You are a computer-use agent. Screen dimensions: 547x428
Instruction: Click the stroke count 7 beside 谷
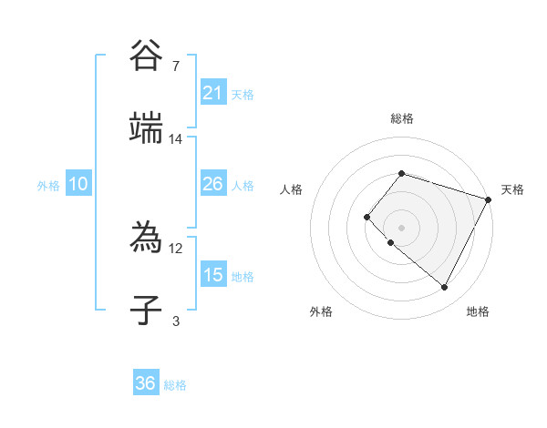click(x=176, y=66)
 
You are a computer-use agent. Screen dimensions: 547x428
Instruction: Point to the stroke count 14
click(x=176, y=139)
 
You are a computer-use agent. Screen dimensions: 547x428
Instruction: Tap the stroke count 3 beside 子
click(x=176, y=321)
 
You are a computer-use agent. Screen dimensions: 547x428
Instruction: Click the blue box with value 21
click(x=213, y=93)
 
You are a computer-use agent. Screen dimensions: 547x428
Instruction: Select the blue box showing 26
click(x=213, y=184)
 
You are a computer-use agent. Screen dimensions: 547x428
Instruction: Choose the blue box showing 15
click(x=213, y=275)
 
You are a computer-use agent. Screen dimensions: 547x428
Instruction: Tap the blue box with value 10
click(x=78, y=184)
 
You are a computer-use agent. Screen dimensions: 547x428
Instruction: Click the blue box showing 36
click(x=146, y=383)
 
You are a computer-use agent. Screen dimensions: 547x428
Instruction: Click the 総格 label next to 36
click(x=175, y=385)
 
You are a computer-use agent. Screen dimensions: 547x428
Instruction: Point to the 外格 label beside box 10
click(x=48, y=186)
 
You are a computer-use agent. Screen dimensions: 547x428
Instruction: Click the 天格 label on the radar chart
click(x=512, y=189)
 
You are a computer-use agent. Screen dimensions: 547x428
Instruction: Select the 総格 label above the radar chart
click(x=401, y=118)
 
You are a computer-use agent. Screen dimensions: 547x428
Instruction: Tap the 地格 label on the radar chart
click(x=478, y=312)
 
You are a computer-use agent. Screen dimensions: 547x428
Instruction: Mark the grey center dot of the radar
click(x=401, y=227)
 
